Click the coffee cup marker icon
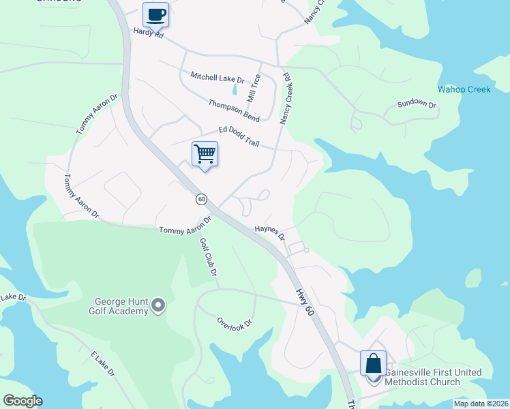pos(155,14)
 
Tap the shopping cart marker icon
pos(205,153)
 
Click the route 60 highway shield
pos(201,199)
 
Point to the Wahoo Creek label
pos(460,89)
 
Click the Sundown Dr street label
pos(417,104)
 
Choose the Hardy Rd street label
pos(149,33)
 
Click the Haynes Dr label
pos(270,233)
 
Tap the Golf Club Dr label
pos(208,256)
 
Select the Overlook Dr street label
pos(235,322)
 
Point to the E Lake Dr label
pos(102,364)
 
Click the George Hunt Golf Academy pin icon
pos(159,305)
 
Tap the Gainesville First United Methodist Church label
pos(433,377)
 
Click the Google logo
pos(22,401)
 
